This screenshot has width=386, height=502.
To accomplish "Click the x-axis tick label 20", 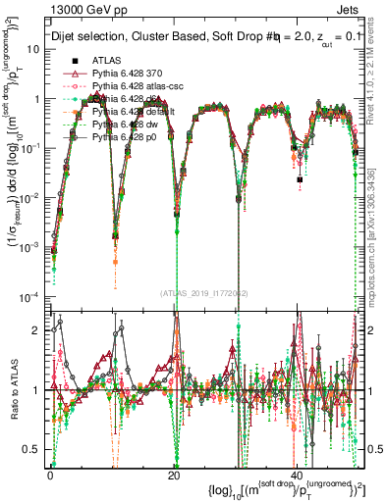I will coord(174,474).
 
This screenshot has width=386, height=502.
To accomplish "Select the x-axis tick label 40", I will coord(297,474).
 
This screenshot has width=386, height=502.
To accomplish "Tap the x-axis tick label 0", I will coord(51,474).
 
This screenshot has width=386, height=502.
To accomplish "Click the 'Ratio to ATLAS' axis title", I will coord(13,388).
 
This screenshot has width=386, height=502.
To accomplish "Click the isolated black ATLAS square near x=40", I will coord(300,180).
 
